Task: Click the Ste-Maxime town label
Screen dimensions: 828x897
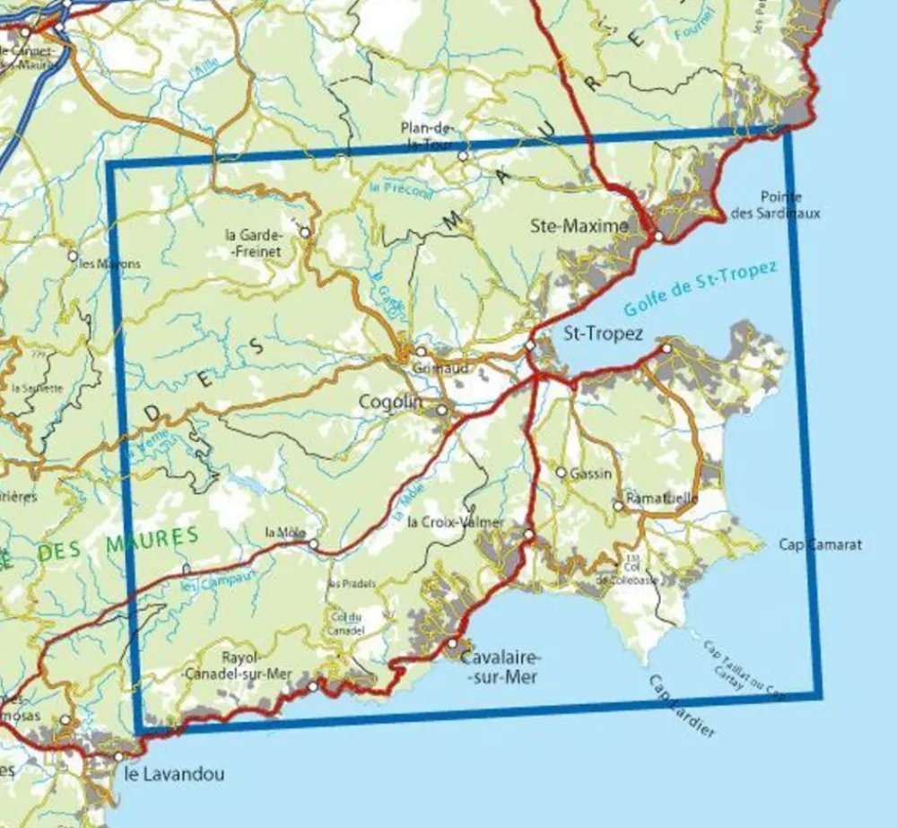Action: (x=579, y=227)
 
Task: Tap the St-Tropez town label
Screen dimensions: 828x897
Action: (x=603, y=334)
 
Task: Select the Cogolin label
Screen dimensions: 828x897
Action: (x=389, y=403)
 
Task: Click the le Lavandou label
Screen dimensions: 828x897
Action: (x=174, y=774)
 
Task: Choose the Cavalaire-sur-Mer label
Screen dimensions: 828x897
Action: (x=499, y=668)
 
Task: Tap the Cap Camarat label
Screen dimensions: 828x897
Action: (x=820, y=545)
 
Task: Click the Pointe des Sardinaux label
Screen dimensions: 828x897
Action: (x=789, y=205)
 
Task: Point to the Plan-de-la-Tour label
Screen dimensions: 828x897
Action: (x=427, y=134)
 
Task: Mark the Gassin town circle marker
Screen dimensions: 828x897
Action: (x=562, y=472)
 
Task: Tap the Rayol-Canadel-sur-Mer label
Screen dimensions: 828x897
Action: (x=239, y=665)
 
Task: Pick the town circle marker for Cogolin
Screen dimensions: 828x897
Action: (x=442, y=410)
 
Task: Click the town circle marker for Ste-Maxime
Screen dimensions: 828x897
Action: (x=658, y=236)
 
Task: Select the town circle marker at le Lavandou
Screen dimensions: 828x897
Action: (x=118, y=757)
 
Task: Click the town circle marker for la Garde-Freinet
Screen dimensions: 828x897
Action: (x=305, y=232)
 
